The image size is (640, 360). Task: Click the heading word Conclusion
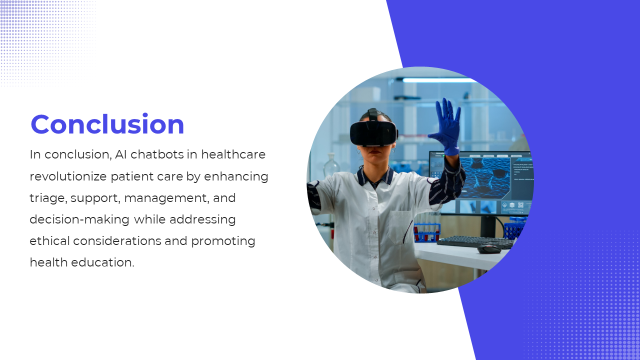107,124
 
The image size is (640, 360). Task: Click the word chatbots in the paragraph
157,154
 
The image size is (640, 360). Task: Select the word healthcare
233,154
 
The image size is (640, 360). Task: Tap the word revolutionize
68,176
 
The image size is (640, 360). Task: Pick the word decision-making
79,219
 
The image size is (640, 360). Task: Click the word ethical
49,241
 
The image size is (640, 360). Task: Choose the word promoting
223,241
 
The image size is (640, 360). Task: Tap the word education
102,262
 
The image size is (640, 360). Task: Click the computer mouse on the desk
489,248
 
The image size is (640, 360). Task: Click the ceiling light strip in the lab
439,80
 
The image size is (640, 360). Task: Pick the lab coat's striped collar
375,176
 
